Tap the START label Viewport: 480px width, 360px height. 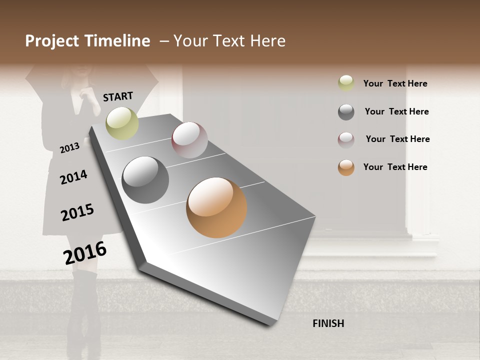(118, 96)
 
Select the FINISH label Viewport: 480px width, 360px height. (328, 323)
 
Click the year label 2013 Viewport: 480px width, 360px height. (69, 148)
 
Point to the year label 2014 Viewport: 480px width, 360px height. (73, 177)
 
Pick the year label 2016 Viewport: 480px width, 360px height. (85, 252)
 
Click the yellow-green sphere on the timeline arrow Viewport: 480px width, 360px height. (122, 123)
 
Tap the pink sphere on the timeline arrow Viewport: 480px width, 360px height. (189, 140)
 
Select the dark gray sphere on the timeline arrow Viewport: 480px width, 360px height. (145, 180)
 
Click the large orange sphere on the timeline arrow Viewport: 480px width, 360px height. (216, 207)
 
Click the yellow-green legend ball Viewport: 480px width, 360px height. (346, 83)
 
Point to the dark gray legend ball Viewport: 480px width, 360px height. (346, 112)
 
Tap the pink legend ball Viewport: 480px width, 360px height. (346, 140)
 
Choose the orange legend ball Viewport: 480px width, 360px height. (346, 167)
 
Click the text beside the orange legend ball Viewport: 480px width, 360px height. (395, 167)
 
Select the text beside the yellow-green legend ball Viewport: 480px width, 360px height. (395, 83)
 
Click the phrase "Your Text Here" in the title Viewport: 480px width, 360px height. (229, 41)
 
